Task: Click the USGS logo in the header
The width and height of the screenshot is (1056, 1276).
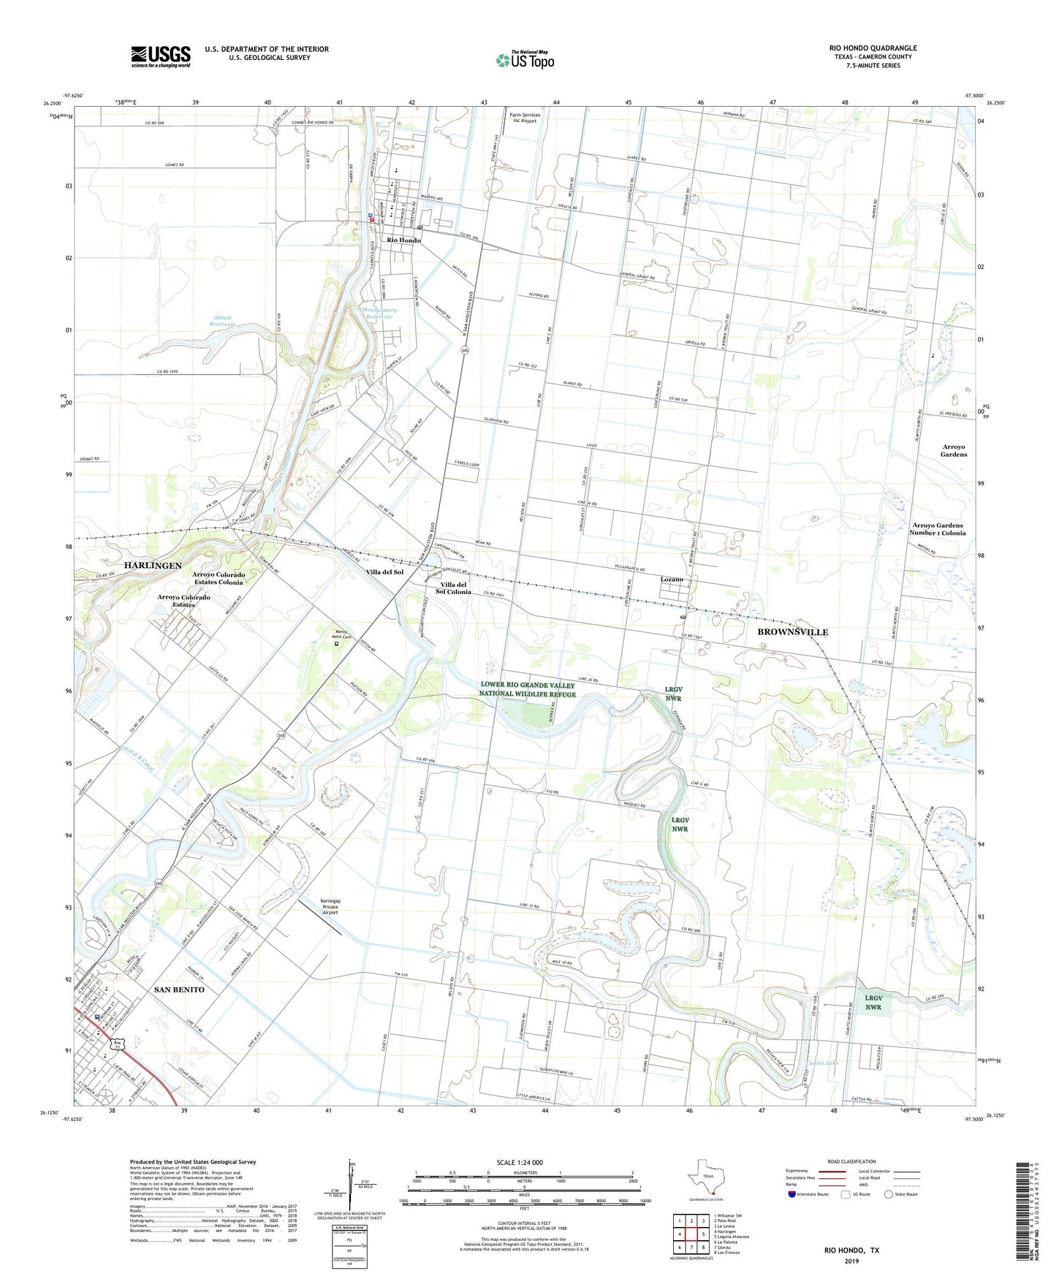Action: [x=161, y=56]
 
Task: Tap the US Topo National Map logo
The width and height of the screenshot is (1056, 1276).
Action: [x=525, y=59]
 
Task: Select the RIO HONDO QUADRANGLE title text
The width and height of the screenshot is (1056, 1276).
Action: [x=873, y=48]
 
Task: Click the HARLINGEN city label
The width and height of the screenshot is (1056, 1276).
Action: [x=152, y=566]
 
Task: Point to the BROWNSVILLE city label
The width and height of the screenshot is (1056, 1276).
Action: [x=792, y=631]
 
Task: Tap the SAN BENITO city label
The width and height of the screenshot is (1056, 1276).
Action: [x=179, y=989]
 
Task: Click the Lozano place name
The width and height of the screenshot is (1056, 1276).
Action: [x=672, y=579]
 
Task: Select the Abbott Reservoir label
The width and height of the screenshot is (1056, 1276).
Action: [x=221, y=320]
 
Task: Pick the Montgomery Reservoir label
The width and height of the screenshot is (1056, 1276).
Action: [x=379, y=313]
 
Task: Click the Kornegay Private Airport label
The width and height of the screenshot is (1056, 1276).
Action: [x=331, y=906]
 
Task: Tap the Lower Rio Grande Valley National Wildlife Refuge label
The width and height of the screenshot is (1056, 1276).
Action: [x=528, y=689]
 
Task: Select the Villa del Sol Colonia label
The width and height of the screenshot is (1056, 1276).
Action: [x=453, y=588]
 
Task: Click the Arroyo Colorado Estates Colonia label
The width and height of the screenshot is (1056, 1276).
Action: [x=218, y=578]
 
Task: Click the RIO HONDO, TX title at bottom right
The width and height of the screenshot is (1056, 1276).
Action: [x=851, y=1250]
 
